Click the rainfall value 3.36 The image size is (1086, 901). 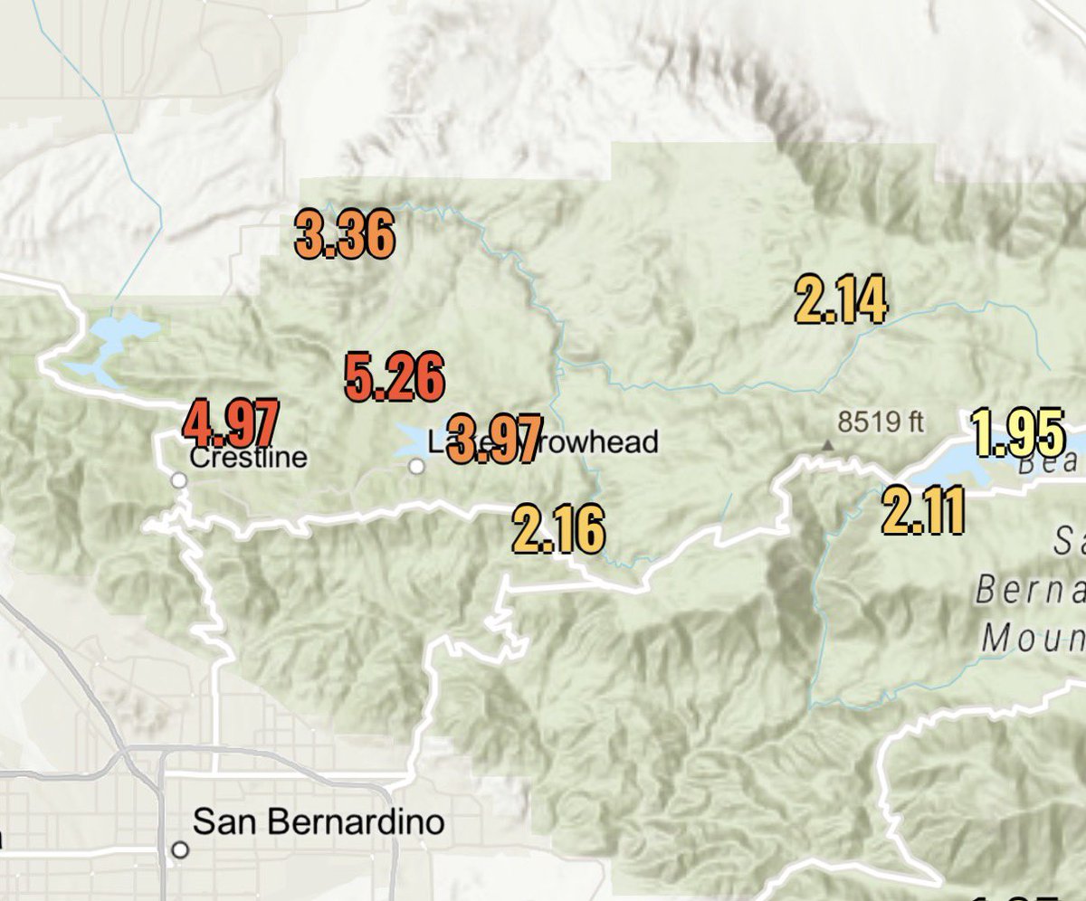coord(345,235)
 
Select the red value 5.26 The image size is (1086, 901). coord(395,378)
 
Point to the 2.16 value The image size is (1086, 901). coord(557,530)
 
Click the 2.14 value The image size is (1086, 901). coord(840,300)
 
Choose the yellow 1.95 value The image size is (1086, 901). coord(1017,433)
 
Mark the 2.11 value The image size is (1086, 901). coord(922,512)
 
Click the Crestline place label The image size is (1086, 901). coord(249,457)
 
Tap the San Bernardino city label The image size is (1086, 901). coord(319,822)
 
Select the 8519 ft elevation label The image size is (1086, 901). coord(881,422)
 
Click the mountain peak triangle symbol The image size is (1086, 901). coord(827,445)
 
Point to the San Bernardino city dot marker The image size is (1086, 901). coord(181,850)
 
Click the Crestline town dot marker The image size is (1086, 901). coord(179,480)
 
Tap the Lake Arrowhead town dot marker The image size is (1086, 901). coord(416,467)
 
